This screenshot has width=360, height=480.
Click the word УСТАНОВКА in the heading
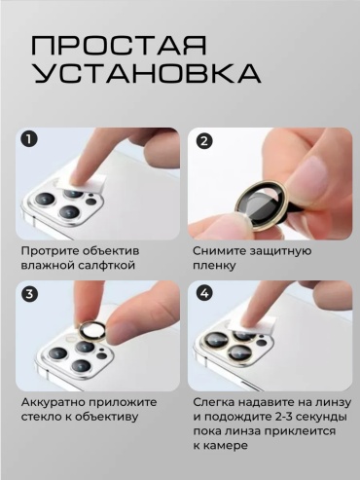pyautogui.click(x=148, y=74)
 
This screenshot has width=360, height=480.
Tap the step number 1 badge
pyautogui.click(x=29, y=140)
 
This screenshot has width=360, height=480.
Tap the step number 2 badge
pyautogui.click(x=204, y=141)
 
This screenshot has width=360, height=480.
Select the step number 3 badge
pyautogui.click(x=29, y=294)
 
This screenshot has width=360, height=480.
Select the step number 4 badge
pyautogui.click(x=204, y=294)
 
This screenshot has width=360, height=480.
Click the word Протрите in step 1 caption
pyautogui.click(x=50, y=251)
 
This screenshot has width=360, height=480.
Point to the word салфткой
pyautogui.click(x=107, y=266)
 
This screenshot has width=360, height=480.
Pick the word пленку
pyautogui.click(x=214, y=266)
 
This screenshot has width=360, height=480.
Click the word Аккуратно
pyautogui.click(x=54, y=402)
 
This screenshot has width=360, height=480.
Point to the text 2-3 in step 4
pyautogui.click(x=287, y=417)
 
